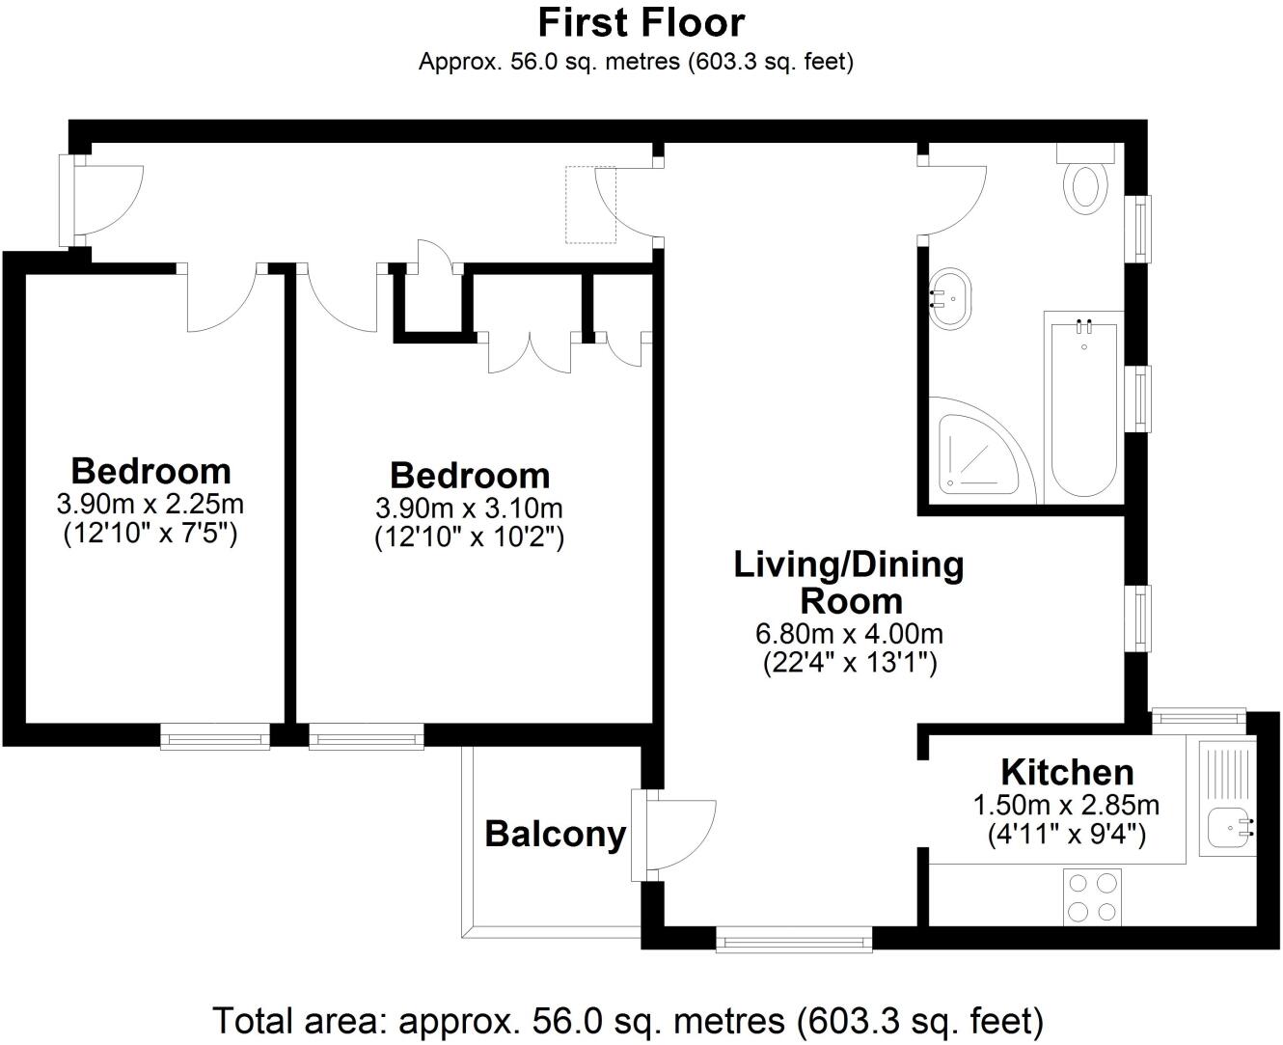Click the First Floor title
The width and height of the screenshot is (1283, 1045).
641,22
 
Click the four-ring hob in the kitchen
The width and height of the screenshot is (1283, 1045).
1092,896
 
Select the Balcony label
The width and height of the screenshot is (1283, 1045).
555,834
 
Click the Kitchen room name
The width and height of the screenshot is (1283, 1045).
1067,772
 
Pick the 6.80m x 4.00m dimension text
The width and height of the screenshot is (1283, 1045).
849,634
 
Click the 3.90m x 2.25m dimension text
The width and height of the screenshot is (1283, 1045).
150,504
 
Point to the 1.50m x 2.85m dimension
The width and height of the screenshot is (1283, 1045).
1067,805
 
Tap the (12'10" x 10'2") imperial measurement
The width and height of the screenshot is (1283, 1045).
469,536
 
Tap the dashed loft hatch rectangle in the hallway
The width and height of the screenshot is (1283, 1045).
589,204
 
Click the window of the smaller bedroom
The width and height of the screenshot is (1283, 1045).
215,738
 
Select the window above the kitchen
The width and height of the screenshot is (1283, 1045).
1199,717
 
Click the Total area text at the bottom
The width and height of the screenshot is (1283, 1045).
628,1019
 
